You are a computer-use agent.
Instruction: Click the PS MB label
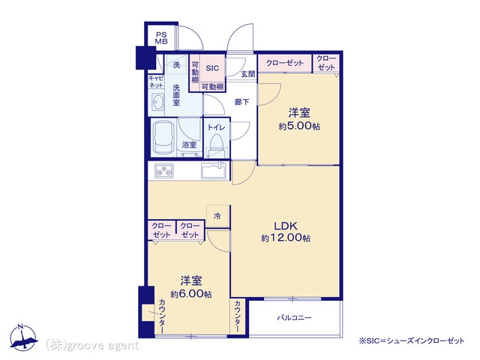pyautogui.click(x=161, y=38)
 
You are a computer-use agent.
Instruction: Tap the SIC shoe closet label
pyautogui.click(x=212, y=68)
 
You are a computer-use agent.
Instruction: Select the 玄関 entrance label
pyautogui.click(x=248, y=73)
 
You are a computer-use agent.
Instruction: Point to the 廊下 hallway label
pyautogui.click(x=241, y=102)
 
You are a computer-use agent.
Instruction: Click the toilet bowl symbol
pyautogui.click(x=217, y=145)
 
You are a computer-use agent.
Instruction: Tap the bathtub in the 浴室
pyautogui.click(x=164, y=138)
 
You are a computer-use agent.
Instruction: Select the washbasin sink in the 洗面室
pyautogui.click(x=157, y=102)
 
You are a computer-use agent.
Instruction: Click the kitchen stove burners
pyautogui.click(x=164, y=170)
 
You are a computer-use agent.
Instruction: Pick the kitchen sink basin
pyautogui.click(x=214, y=170)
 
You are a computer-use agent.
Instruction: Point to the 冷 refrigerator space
pyautogui.click(x=217, y=216)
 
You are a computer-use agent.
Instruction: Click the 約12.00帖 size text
pyautogui.click(x=286, y=238)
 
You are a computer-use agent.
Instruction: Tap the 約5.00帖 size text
pyautogui.click(x=299, y=126)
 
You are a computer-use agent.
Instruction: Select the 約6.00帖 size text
pyautogui.click(x=191, y=294)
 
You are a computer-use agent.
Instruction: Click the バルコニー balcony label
pyautogui.click(x=295, y=318)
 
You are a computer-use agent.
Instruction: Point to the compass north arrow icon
pyautogui.click(x=22, y=337)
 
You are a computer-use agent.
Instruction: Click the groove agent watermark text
pyautogui.click(x=92, y=346)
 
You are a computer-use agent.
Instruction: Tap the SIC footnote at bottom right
pyautogui.click(x=412, y=340)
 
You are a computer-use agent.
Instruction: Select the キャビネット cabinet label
pyautogui.click(x=156, y=82)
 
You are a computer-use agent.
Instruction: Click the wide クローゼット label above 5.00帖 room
pyautogui.click(x=285, y=63)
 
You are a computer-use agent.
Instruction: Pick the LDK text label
pyautogui.click(x=285, y=226)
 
